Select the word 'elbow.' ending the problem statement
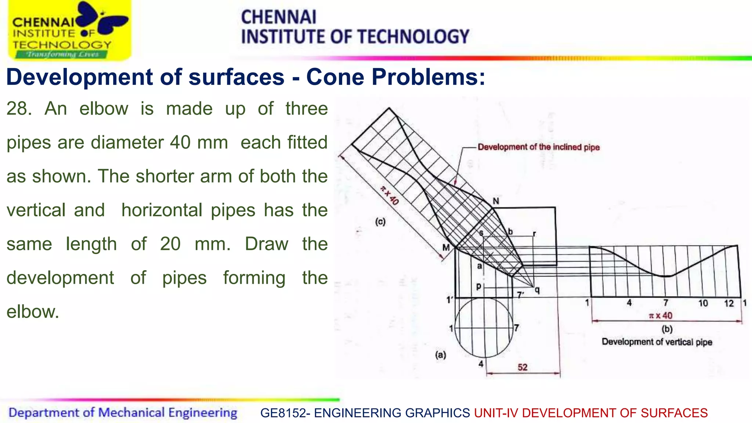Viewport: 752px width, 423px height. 33,312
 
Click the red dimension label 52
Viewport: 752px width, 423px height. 523,367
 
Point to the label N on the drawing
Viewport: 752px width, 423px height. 496,201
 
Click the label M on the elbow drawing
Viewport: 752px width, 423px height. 446,248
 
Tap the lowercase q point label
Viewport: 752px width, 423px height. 537,290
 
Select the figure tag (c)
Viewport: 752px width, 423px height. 380,222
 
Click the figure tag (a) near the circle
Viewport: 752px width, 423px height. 441,355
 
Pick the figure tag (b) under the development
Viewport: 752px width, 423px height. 667,329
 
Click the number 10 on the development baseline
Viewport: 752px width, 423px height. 703,303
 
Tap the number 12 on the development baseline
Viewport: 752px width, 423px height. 729,303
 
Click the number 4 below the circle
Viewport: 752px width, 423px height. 481,364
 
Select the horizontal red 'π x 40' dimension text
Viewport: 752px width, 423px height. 661,315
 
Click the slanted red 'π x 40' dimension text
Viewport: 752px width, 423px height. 389,195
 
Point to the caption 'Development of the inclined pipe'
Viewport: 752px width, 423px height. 539,147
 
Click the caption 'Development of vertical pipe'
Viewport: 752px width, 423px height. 657,342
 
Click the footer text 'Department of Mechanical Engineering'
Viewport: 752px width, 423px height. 123,413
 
